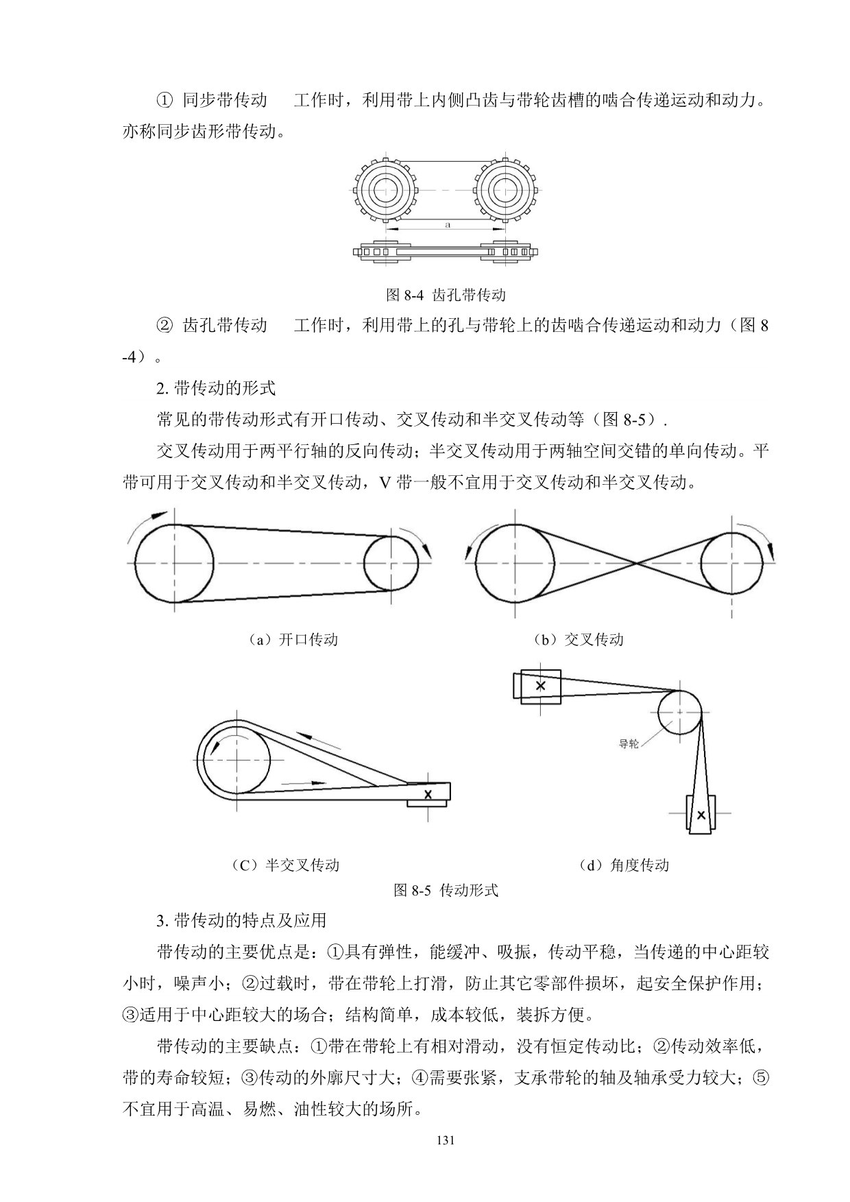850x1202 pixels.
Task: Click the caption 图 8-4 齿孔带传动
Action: [x=446, y=296]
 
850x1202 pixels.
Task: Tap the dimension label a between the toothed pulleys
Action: [x=447, y=224]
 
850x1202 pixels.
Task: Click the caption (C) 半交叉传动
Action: [x=286, y=865]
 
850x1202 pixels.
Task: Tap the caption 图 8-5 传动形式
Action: [x=446, y=891]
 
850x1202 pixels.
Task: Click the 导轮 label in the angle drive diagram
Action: [x=628, y=743]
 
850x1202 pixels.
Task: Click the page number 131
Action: [x=446, y=1141]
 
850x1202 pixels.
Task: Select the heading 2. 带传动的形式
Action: [x=216, y=388]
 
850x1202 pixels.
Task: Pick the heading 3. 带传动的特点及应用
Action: [x=241, y=919]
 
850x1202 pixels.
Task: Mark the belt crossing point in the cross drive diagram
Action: [x=638, y=563]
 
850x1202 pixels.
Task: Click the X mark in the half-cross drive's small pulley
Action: [x=428, y=794]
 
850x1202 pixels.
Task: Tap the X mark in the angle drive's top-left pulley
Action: [x=540, y=685]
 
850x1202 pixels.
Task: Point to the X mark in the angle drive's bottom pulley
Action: [x=701, y=815]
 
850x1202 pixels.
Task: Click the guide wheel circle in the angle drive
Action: [x=679, y=712]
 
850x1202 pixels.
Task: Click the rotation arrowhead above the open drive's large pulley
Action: [x=160, y=515]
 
